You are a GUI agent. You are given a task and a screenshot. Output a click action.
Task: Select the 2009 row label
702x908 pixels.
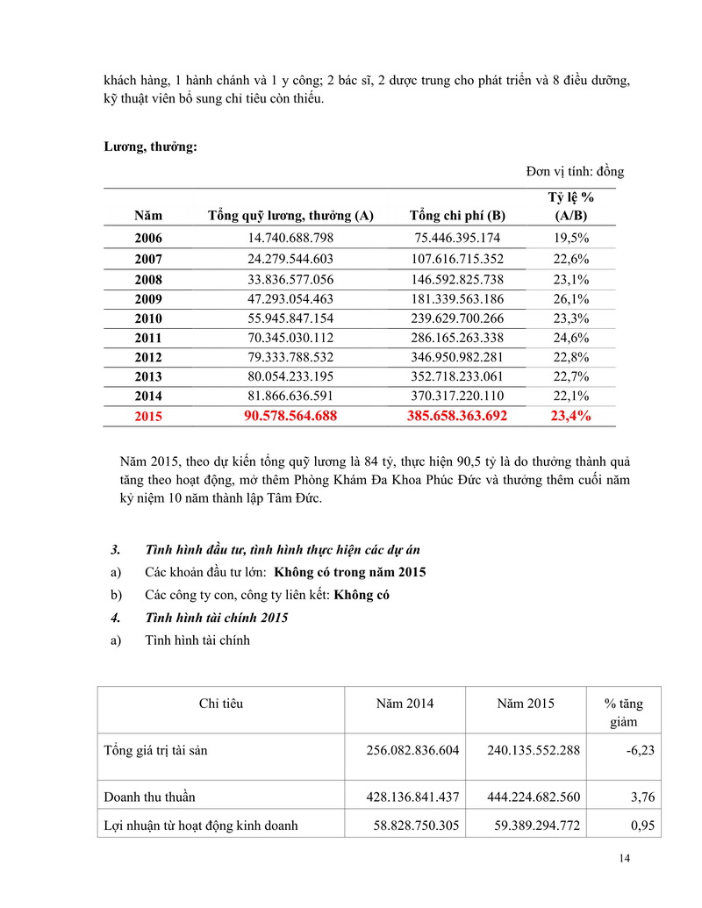pos(148,299)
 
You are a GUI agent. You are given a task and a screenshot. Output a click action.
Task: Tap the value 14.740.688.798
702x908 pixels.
pos(290,239)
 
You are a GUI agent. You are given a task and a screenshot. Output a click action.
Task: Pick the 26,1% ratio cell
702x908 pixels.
pos(571,299)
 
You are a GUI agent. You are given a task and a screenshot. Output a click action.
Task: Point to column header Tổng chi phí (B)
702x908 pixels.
pos(457,216)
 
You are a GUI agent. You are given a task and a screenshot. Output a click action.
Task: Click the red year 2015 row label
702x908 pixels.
pos(148,417)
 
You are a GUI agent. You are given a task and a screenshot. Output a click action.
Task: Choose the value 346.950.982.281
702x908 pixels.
pos(457,357)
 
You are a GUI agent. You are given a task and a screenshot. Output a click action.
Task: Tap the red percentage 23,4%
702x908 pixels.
pos(570,416)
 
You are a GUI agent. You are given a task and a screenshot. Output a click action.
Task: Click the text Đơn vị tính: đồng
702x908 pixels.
pos(575,171)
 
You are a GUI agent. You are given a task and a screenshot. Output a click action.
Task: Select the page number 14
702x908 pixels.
pos(624,858)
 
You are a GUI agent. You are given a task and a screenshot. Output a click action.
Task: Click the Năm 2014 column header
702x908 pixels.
pos(405,704)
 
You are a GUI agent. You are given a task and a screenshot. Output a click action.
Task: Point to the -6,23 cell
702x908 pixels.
pos(638,751)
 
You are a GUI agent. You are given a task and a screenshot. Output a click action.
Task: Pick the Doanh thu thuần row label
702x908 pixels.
pos(149,797)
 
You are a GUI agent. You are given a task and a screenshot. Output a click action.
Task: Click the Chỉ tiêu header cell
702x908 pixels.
pos(221,704)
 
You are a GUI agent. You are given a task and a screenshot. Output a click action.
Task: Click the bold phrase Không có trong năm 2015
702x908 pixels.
pos(350,572)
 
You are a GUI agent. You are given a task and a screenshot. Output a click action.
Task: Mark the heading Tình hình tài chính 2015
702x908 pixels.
pos(216,618)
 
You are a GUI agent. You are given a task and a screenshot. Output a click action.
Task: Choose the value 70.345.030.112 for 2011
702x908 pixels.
pos(290,338)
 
